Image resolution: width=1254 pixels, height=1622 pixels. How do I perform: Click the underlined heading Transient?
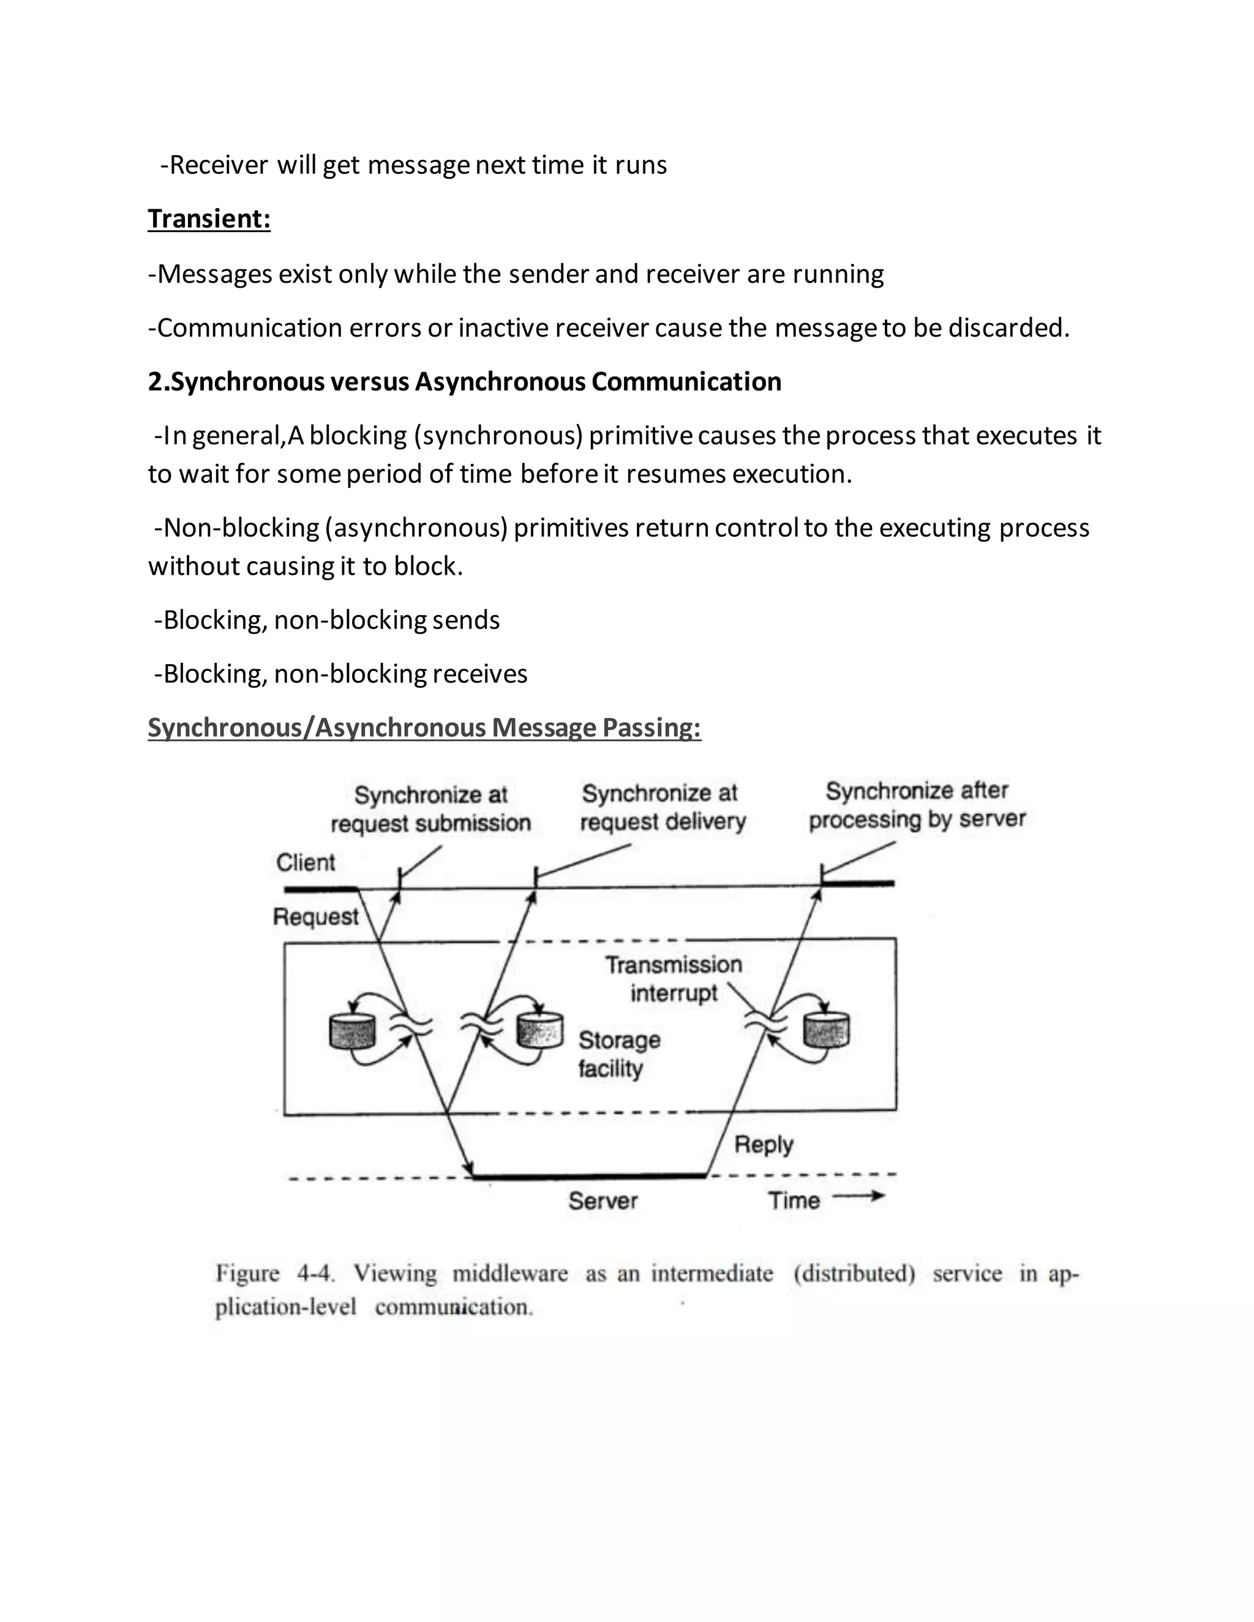tap(209, 219)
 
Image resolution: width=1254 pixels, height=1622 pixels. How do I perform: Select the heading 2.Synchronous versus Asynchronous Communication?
tap(464, 382)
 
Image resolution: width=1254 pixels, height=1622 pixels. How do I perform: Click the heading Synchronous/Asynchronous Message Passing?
tap(424, 728)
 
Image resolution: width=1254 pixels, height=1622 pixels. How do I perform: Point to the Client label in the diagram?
tap(306, 862)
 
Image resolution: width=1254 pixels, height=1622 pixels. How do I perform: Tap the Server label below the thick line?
tap(603, 1201)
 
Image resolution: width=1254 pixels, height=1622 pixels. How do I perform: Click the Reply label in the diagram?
tap(764, 1145)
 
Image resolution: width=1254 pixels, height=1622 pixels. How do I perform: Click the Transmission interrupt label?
tap(673, 978)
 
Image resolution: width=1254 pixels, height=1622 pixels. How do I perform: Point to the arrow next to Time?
tap(859, 1197)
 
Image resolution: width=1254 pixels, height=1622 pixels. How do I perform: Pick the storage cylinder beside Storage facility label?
tap(539, 1030)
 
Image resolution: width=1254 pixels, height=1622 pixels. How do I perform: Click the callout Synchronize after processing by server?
tap(917, 805)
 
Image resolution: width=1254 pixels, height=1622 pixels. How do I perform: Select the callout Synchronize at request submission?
tap(431, 809)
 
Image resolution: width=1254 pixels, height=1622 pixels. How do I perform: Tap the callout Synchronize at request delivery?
tap(662, 807)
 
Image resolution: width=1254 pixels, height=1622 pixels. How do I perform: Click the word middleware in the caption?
tap(509, 1274)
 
